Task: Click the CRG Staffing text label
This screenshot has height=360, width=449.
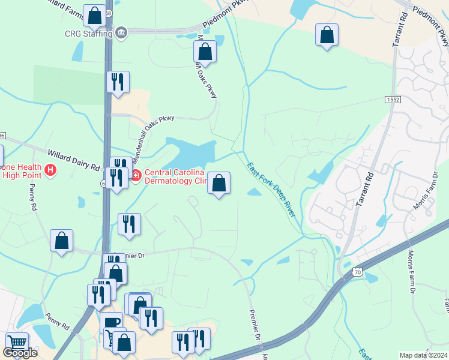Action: (88, 33)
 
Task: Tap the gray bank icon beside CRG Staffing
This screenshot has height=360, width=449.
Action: (122, 32)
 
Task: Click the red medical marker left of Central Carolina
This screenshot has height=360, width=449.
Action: (135, 175)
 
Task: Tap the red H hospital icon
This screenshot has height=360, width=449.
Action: (51, 171)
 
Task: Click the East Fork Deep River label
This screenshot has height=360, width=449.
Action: (273, 186)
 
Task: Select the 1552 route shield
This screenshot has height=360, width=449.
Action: (394, 99)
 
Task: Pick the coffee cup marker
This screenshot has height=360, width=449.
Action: (111, 322)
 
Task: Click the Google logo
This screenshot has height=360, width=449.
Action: (20, 353)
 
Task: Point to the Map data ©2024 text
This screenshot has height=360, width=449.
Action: (423, 355)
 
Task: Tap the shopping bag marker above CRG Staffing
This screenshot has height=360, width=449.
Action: (95, 16)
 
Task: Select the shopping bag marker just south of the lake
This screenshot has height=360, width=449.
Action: (219, 182)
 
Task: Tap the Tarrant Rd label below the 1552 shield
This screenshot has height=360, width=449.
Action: (365, 190)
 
